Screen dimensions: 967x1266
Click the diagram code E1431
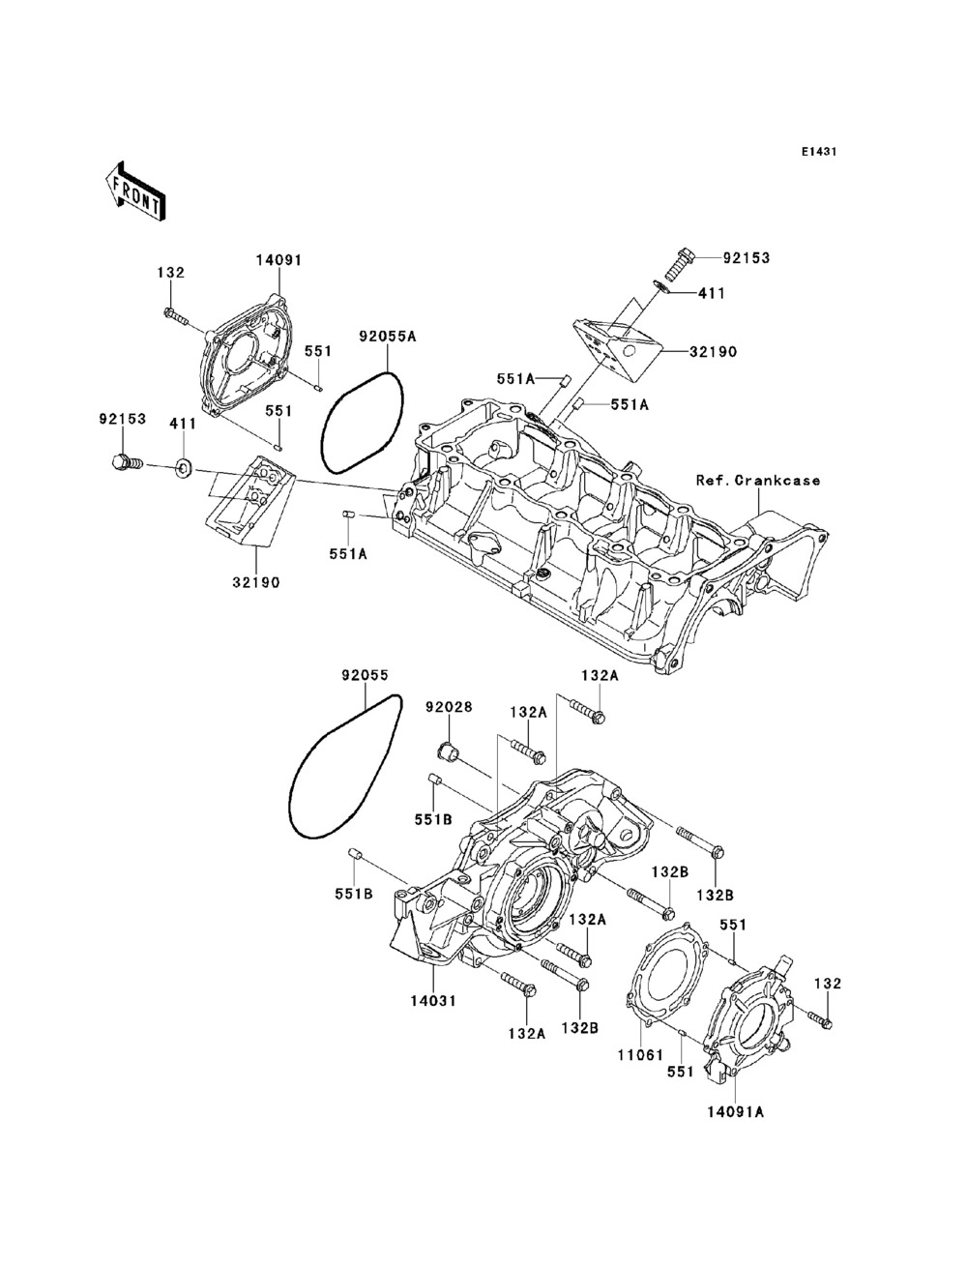coord(819,152)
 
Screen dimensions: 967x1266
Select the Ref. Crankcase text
coord(758,480)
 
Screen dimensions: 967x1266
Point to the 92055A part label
coord(387,337)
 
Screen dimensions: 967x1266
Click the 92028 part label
coord(450,707)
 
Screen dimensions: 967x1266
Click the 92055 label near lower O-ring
coord(365,675)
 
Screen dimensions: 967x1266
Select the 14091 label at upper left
coord(279,260)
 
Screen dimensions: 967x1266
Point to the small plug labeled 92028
coord(448,751)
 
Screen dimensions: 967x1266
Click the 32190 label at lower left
coord(256,582)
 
